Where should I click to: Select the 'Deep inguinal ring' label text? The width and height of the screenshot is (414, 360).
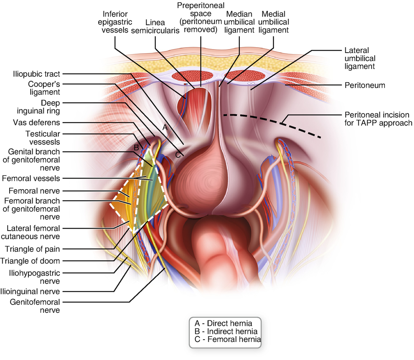tap(38, 107)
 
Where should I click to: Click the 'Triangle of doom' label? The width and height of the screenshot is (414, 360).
tap(30, 261)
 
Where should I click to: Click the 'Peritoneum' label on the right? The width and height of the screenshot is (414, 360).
tap(365, 85)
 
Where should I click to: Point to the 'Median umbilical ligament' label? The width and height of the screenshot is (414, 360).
tap(239, 22)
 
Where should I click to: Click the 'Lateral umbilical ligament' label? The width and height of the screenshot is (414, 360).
tap(360, 58)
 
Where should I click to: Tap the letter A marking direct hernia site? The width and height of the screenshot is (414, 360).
tap(165, 128)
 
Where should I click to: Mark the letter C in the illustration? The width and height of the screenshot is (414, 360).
tap(178, 155)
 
